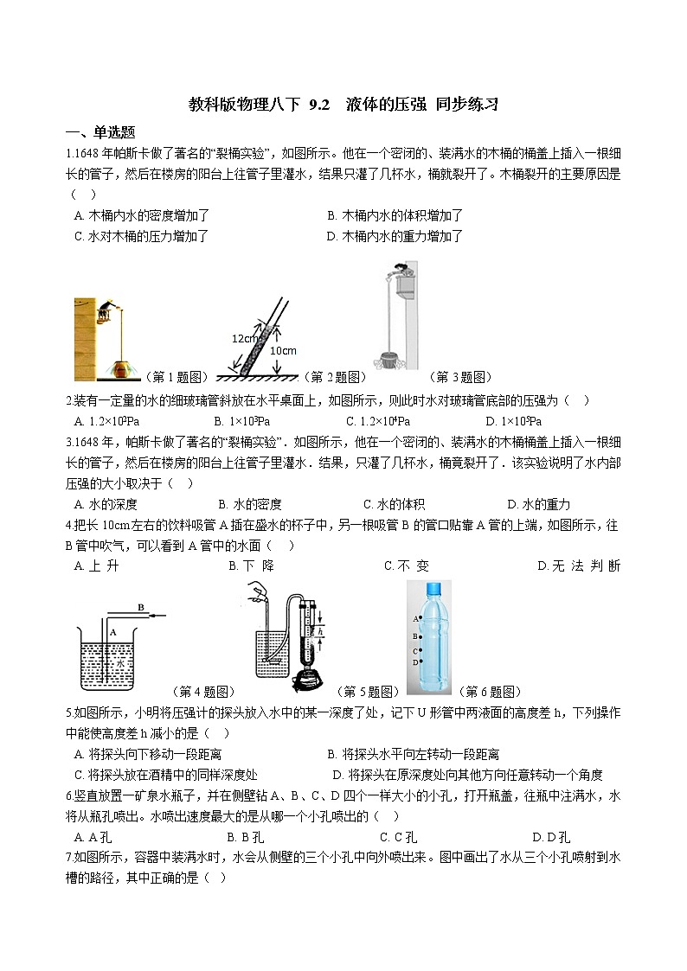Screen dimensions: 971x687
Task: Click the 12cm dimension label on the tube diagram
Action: click(243, 338)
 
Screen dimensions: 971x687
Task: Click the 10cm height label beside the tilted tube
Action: click(283, 350)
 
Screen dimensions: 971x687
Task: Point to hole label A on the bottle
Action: click(415, 619)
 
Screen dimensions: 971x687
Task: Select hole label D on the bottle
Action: click(415, 662)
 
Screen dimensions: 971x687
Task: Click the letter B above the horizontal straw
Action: click(140, 607)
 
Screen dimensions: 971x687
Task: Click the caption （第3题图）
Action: click(460, 377)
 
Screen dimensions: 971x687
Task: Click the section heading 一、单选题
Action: click(100, 132)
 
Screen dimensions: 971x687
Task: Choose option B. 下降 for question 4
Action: click(250, 566)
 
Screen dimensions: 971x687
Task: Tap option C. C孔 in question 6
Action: click(398, 837)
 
